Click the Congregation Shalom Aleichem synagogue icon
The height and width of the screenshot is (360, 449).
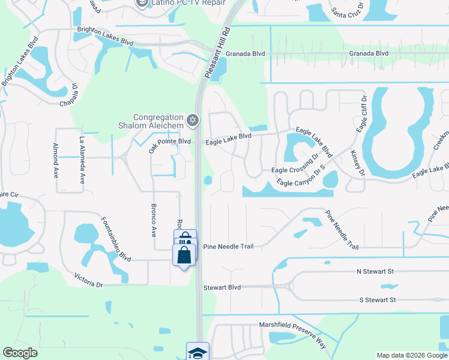coord(192,121)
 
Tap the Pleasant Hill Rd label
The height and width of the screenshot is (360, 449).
coord(217,52)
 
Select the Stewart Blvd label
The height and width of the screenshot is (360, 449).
coord(222,288)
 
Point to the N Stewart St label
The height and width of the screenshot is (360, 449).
coord(375,272)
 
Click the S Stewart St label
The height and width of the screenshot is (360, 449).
coord(377,299)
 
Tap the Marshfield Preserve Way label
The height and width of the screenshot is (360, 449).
coord(293,334)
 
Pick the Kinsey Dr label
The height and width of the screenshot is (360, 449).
coord(358,163)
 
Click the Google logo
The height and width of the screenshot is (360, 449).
coord(20,353)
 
